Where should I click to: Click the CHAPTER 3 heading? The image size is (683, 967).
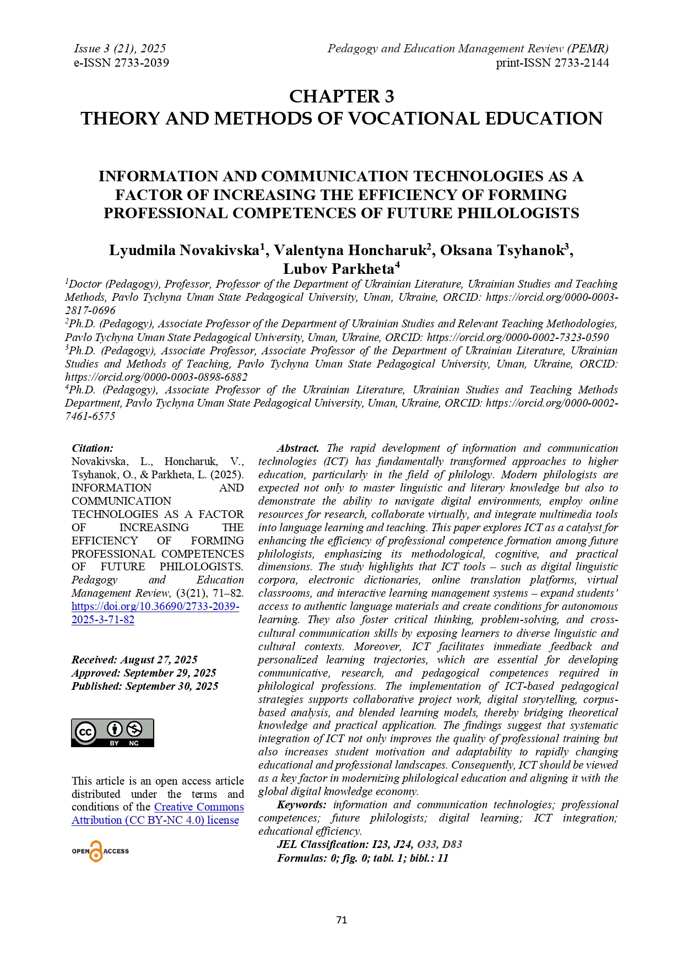(341, 96)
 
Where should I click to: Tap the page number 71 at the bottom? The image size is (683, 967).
(341, 920)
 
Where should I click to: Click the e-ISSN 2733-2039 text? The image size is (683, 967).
(121, 63)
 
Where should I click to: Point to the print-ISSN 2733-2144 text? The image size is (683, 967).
(552, 63)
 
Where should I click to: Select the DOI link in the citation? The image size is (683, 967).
(155, 613)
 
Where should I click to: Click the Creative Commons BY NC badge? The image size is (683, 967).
(112, 732)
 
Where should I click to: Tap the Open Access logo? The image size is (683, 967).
(100, 851)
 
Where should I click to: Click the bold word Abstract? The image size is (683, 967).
(297, 449)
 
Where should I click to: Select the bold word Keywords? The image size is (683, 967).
(301, 805)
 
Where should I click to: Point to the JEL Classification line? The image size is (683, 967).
(369, 845)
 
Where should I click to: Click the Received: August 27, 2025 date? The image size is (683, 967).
(134, 660)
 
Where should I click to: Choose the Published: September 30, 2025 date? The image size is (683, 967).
(145, 687)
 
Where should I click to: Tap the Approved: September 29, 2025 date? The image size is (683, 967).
(144, 673)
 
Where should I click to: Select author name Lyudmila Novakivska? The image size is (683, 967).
(185, 251)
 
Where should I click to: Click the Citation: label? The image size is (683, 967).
(93, 449)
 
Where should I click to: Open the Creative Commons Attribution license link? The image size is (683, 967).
(155, 820)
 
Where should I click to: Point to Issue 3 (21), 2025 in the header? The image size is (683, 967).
(120, 48)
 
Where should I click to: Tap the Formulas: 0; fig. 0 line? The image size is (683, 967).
(362, 858)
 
